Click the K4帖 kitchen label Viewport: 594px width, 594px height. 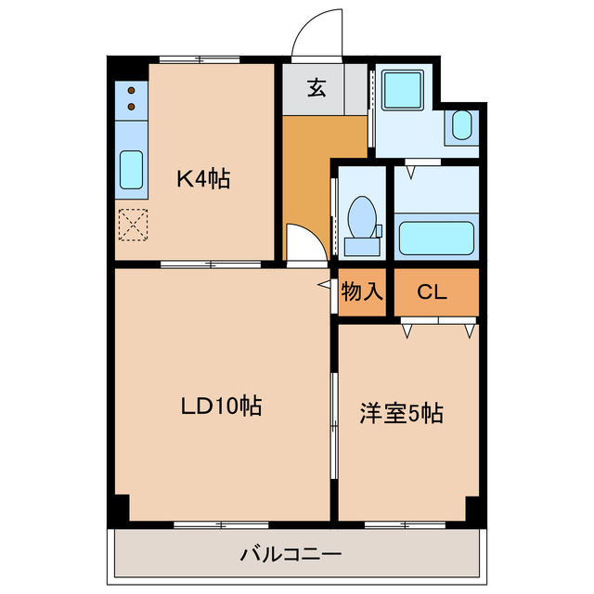pos(203,177)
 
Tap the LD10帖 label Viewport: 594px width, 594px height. pos(220,406)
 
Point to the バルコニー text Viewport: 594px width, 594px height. pos(291,556)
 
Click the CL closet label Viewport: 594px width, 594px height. pos(431,292)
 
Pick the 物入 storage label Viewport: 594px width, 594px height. pos(362,292)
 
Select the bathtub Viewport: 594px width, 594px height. pos(436,239)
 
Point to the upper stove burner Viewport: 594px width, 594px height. pos(132,91)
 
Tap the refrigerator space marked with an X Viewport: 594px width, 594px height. pos(133,223)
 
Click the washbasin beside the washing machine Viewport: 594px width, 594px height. pos(461,125)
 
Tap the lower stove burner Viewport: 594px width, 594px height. pos(132,107)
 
